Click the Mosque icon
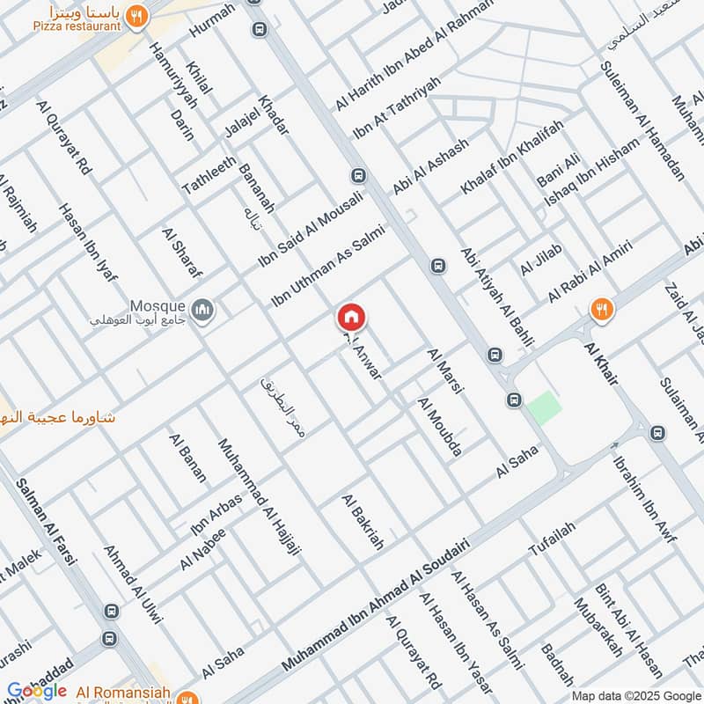[203, 311]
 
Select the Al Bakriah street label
[363, 522]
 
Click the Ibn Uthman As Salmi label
[327, 264]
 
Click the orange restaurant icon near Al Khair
[603, 308]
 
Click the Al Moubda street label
[440, 427]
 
